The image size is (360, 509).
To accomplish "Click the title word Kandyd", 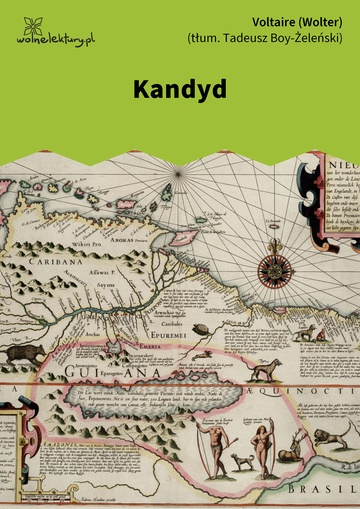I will click(180, 88).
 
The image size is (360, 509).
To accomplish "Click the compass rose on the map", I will click(273, 268).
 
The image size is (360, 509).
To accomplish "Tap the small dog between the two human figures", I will click(240, 462).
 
